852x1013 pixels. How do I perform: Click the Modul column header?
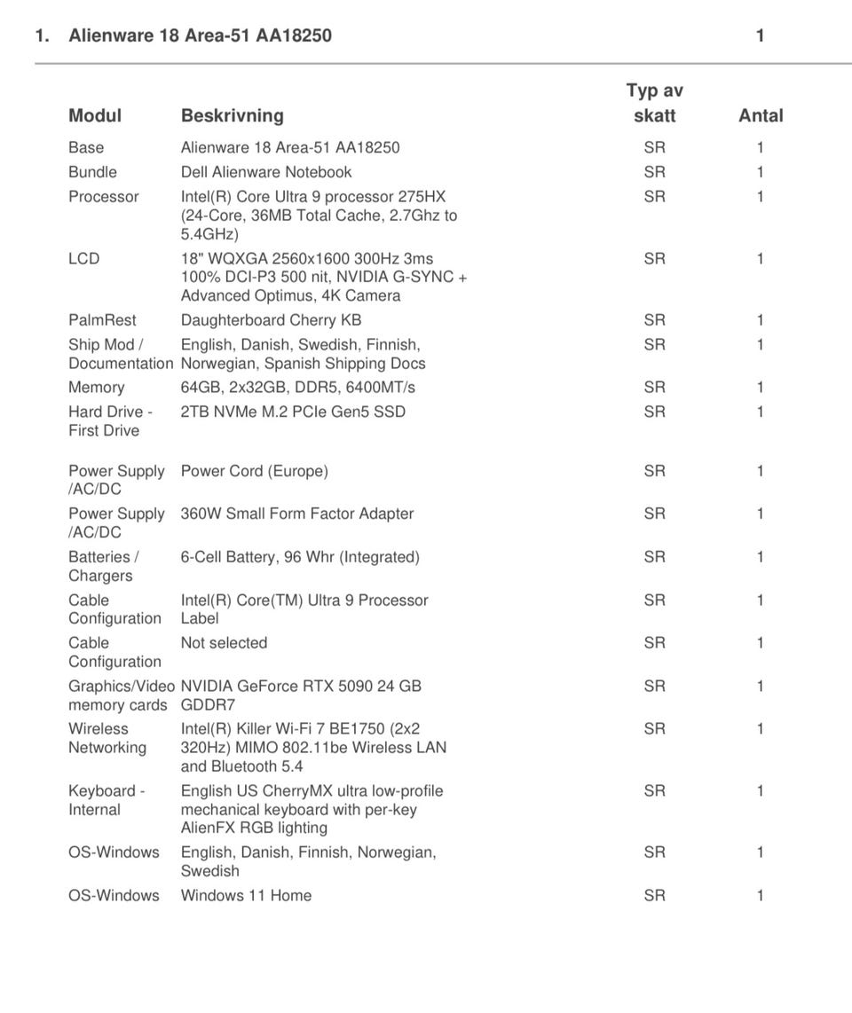(x=95, y=115)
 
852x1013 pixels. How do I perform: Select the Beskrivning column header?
(x=232, y=115)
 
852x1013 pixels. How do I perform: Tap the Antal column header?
(x=761, y=115)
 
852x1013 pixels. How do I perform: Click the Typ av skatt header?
(x=654, y=103)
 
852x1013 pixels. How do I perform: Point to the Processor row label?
(x=103, y=197)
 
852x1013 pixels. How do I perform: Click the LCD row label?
(x=83, y=259)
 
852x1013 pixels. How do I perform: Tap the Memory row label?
(x=96, y=388)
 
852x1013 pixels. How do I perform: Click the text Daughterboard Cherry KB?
(x=271, y=320)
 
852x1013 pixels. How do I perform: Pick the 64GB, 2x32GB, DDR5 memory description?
(x=297, y=388)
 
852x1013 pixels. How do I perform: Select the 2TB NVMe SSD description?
(x=293, y=412)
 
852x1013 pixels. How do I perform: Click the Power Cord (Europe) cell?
(x=254, y=471)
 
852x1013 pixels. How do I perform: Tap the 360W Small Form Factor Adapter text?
(x=296, y=514)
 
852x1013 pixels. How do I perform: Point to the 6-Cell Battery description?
(x=300, y=557)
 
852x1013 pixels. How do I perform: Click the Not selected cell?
(x=224, y=643)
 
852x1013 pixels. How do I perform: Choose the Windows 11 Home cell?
(x=246, y=896)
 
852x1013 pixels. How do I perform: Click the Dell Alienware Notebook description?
(x=265, y=172)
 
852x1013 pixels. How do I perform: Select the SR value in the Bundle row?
(x=654, y=172)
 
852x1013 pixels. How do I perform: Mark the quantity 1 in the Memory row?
(x=760, y=388)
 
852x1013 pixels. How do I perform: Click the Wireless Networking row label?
(x=106, y=738)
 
